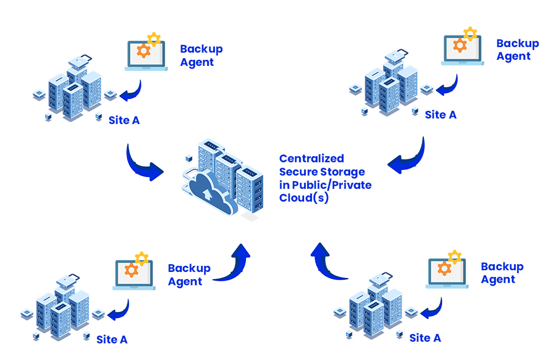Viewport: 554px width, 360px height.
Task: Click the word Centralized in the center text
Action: coord(311,158)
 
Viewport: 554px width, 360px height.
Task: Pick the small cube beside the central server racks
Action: coord(188,159)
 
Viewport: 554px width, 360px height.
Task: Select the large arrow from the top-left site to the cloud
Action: coord(143,163)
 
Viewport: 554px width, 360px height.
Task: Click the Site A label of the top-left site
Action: coord(124,120)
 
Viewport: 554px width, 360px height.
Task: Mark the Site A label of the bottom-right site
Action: coord(425,337)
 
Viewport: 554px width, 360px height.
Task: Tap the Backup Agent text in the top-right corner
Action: coord(517,50)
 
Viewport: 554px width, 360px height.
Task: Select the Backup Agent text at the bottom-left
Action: coord(189,275)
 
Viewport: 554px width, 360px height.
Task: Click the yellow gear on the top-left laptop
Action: coord(153,39)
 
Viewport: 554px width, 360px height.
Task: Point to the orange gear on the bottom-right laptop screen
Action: coord(444,269)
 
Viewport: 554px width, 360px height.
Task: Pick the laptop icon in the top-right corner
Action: coord(463,49)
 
